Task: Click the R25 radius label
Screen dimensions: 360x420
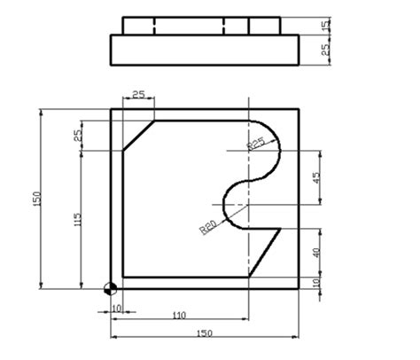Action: click(257, 144)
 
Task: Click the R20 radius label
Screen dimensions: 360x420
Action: click(208, 226)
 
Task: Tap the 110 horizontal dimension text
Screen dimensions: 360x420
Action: click(179, 315)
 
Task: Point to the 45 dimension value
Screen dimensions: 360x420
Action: click(318, 177)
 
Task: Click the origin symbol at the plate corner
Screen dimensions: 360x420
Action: click(110, 288)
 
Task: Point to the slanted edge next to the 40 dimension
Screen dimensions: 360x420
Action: click(266, 252)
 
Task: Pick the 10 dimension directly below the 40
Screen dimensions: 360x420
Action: click(318, 283)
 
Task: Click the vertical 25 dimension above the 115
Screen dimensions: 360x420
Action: click(78, 135)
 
